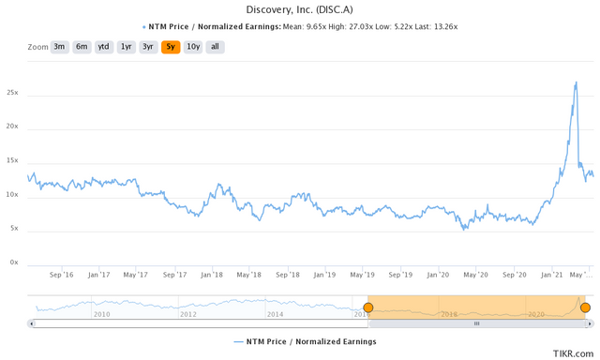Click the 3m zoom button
[x=59, y=46]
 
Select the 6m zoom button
[x=82, y=46]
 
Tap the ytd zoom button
[x=104, y=46]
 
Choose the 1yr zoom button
[x=127, y=46]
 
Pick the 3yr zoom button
[x=148, y=46]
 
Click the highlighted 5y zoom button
[x=171, y=46]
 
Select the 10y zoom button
[x=192, y=46]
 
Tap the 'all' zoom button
[x=215, y=46]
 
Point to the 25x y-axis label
[x=13, y=94]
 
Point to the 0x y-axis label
[x=15, y=262]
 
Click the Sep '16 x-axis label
[x=61, y=276]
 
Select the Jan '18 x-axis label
[x=212, y=276]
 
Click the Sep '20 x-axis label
[x=515, y=276]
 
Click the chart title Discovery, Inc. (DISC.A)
[x=299, y=9]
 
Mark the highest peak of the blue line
[x=575, y=82]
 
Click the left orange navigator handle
[x=367, y=307]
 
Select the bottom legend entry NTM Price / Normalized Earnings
[x=306, y=342]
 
